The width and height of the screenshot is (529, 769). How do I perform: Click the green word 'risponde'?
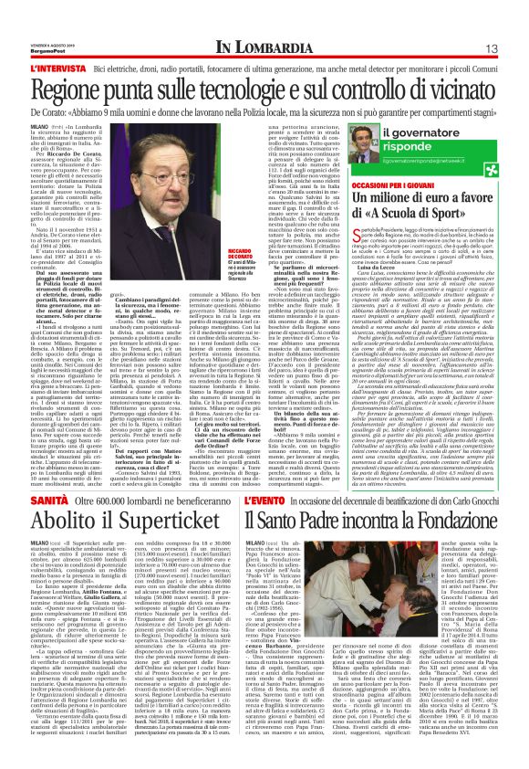coord(428,153)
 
